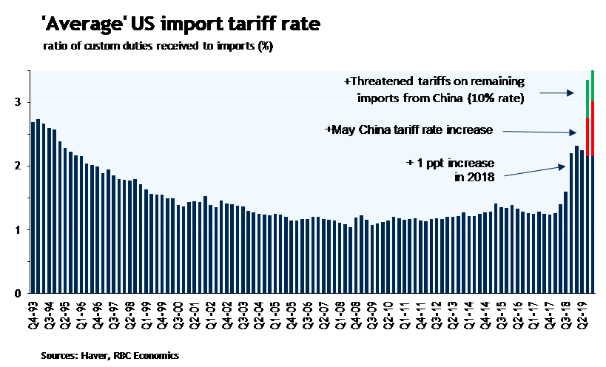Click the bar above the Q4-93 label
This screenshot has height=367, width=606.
point(33,207)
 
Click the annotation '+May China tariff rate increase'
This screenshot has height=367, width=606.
point(409,129)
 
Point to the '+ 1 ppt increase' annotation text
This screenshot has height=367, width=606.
point(450,162)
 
